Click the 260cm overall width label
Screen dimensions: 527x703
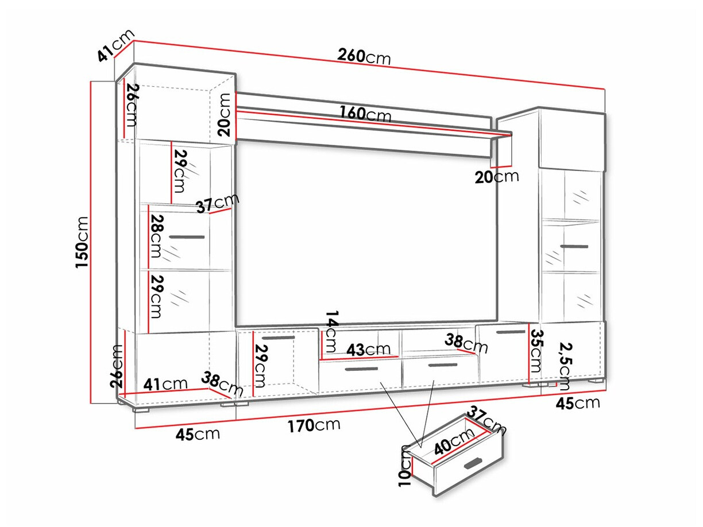364,56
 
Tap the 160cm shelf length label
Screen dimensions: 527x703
365,114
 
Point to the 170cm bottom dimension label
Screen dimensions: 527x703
314,425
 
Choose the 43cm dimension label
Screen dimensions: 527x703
368,348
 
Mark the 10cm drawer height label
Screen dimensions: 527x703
407,464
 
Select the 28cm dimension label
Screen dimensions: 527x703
156,236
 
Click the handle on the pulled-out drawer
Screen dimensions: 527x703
474,463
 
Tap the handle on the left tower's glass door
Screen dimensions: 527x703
187,237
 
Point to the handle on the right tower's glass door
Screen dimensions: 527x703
574,247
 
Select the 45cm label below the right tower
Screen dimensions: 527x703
578,403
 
